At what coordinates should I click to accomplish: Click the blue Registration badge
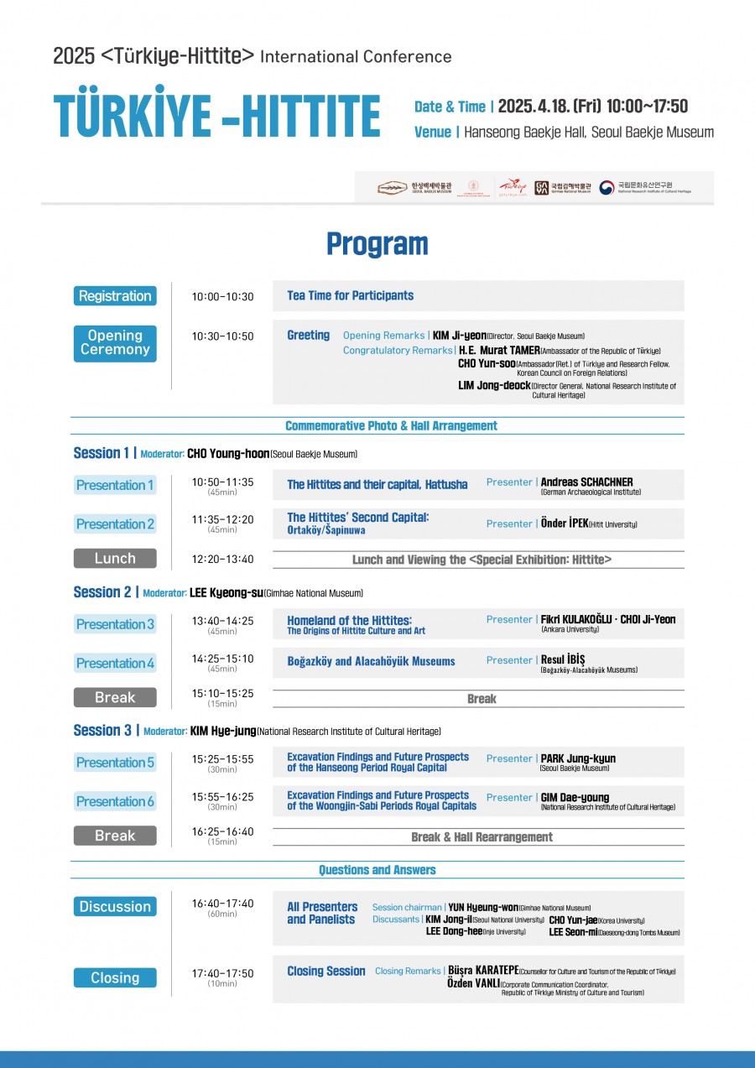click(115, 296)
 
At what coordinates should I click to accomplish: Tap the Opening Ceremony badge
click(115, 343)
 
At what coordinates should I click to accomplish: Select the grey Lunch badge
click(115, 559)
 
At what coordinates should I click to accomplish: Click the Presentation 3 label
click(115, 624)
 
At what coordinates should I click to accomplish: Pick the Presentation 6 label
click(115, 801)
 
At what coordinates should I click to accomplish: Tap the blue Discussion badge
click(115, 907)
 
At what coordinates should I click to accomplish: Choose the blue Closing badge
click(115, 978)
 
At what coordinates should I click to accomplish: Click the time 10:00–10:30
click(222, 297)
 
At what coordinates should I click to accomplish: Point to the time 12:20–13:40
click(222, 559)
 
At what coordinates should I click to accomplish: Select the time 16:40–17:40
click(222, 904)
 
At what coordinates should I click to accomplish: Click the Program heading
click(377, 244)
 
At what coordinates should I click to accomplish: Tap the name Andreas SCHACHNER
click(587, 482)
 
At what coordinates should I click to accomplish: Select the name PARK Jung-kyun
click(578, 758)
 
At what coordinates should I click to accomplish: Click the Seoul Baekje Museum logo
click(414, 188)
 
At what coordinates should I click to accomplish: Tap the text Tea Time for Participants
click(350, 295)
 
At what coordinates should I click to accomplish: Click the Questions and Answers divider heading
click(377, 870)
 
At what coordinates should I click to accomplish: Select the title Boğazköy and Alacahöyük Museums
click(371, 661)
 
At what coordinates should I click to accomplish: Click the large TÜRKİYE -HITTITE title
click(216, 116)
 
